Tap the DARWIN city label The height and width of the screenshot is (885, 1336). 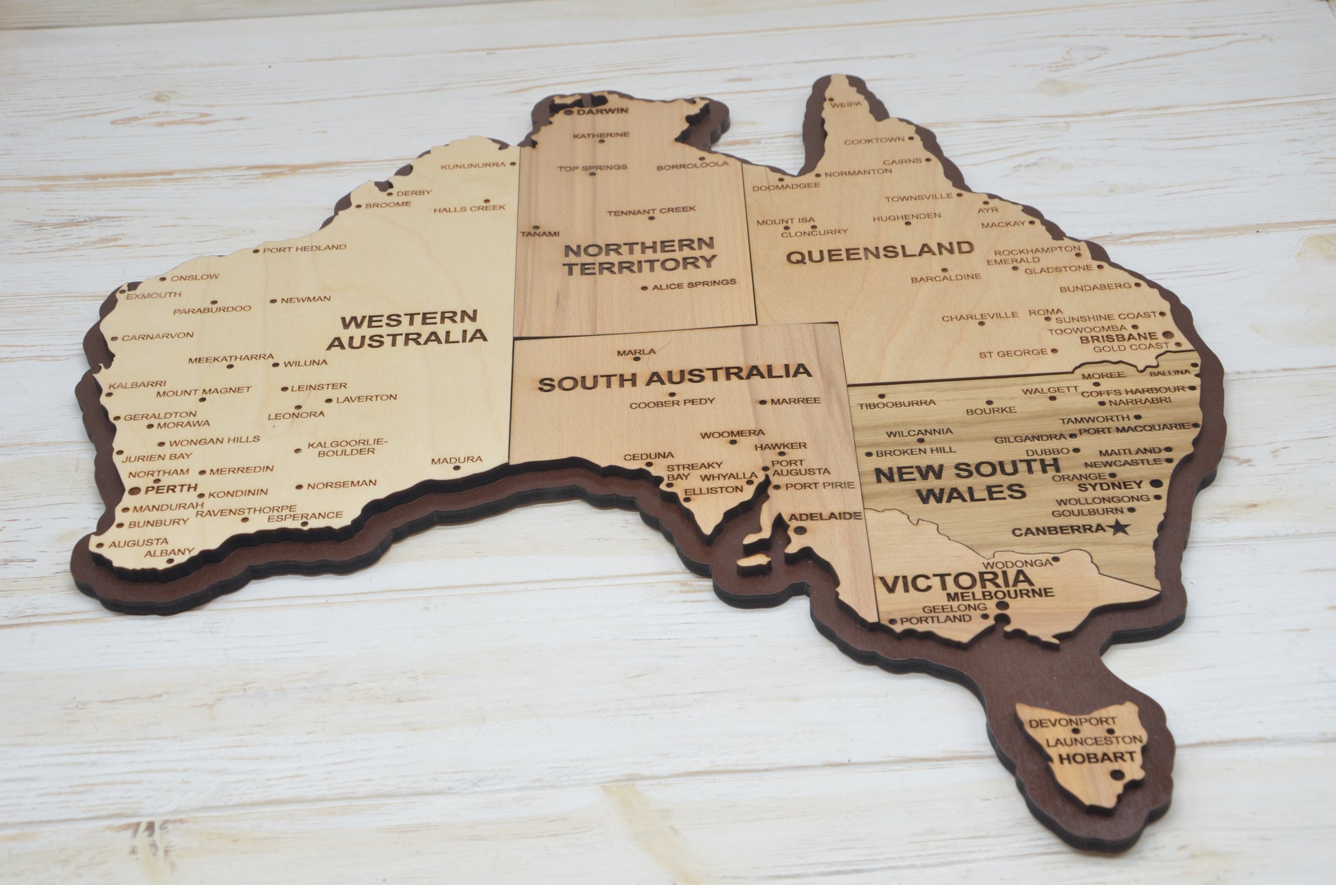[602, 111]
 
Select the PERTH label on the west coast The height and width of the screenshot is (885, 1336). [171, 489]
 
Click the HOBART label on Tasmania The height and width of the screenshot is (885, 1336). [1097, 758]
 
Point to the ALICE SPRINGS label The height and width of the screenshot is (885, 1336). [693, 283]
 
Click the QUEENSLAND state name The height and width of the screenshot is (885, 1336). [880, 253]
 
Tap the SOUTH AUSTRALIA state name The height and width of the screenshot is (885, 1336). [674, 377]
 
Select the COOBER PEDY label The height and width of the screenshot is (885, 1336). [672, 404]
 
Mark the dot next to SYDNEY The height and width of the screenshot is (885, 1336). [1156, 483]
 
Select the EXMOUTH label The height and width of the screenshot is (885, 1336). [153, 295]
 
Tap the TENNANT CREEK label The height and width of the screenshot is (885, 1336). [651, 210]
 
